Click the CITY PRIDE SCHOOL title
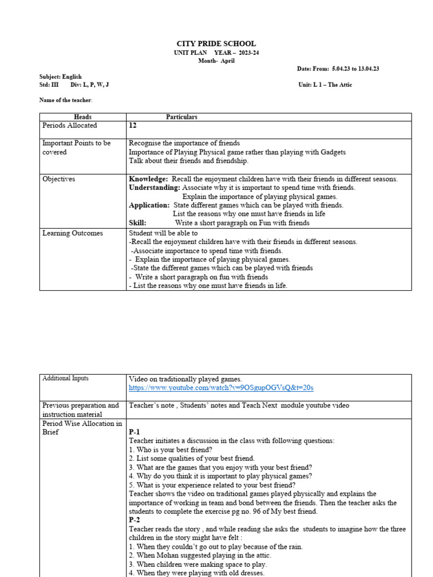coord(216,43)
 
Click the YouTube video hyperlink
coord(221,388)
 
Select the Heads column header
coord(83,117)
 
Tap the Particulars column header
coord(182,117)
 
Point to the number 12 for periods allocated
coord(133,126)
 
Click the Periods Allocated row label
coord(69,126)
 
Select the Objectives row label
coord(59,179)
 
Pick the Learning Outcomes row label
coord(72,233)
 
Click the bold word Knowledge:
coord(148,179)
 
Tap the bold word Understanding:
coord(154,188)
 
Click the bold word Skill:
coord(138,223)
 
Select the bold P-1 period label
coord(134,432)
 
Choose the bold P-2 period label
coord(134,520)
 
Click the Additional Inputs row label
coord(65,379)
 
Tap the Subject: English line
coord(60,77)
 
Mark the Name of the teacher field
coord(65,100)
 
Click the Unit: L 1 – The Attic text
coord(325,85)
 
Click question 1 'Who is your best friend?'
coord(171,450)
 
